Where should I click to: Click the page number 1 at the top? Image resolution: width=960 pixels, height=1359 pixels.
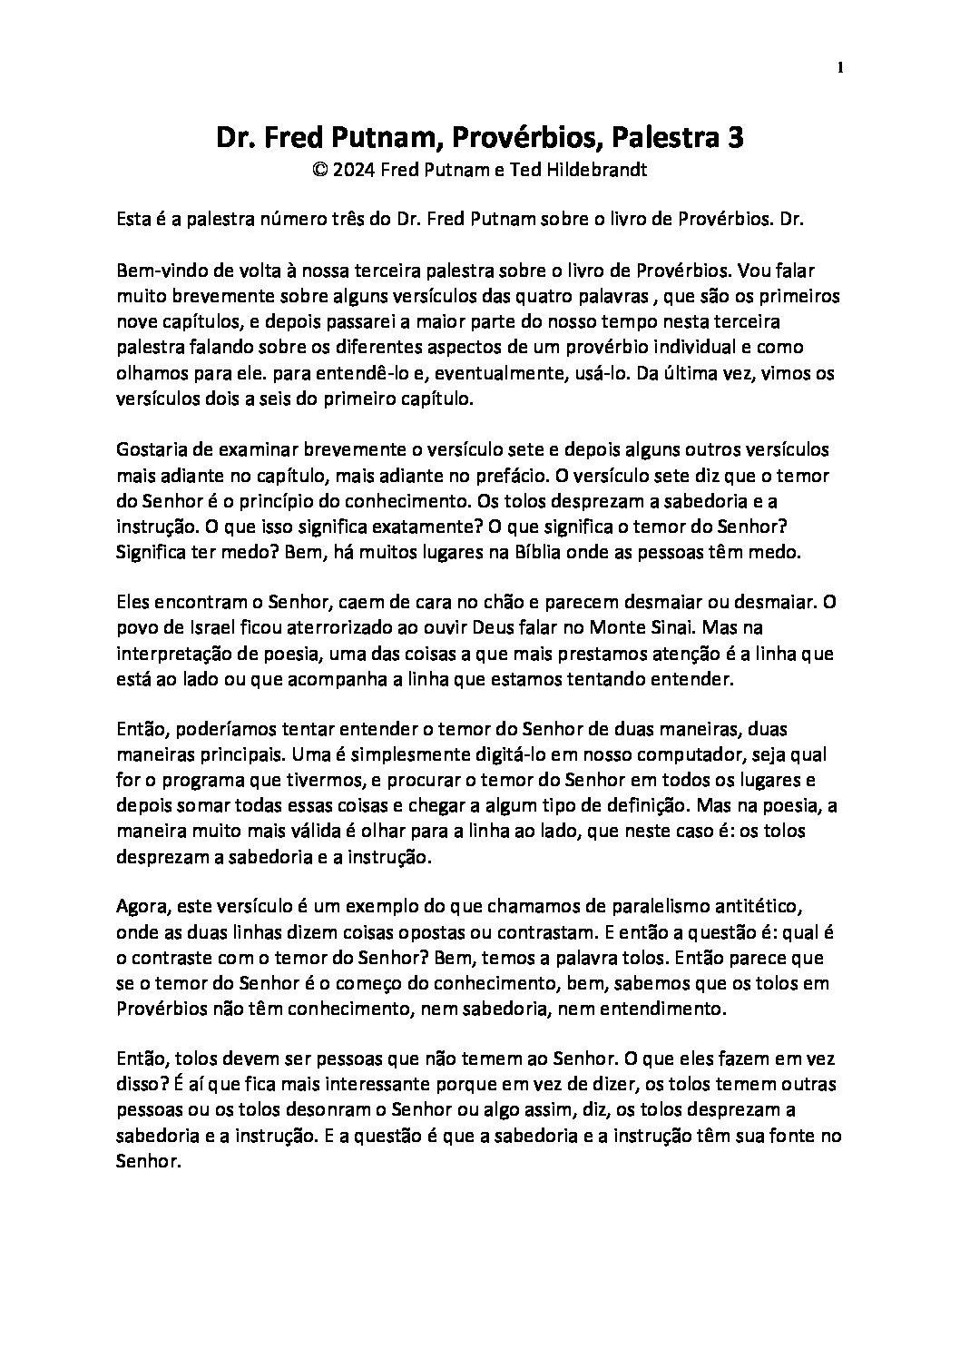(841, 67)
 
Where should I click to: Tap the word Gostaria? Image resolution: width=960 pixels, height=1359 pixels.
(151, 449)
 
